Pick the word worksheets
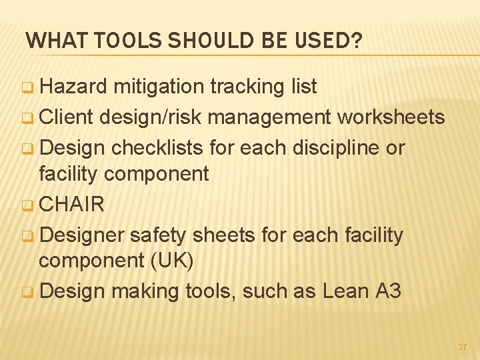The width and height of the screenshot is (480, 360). [x=391, y=117]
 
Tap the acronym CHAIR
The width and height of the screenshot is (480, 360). [x=71, y=204]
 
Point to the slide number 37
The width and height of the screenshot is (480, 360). [x=463, y=347]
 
